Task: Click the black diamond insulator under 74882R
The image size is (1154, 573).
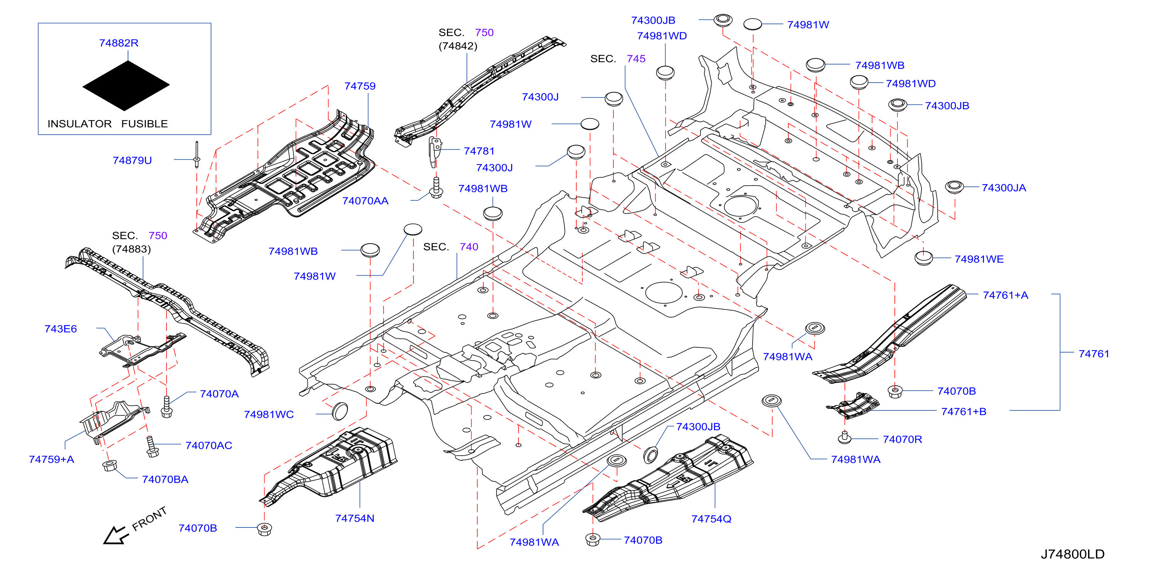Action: point(126,85)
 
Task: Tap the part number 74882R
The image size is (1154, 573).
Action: point(119,43)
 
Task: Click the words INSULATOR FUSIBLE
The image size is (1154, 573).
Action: point(108,124)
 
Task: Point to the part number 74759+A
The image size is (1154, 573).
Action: point(52,459)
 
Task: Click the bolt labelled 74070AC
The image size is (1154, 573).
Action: point(152,447)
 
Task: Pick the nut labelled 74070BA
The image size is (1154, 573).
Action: point(109,465)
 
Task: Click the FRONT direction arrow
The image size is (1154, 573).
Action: point(115,535)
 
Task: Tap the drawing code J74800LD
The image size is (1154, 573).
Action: point(1073,554)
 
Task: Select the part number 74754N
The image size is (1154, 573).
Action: point(354,518)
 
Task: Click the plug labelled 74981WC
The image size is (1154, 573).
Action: point(340,411)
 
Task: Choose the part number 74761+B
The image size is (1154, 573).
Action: point(963,412)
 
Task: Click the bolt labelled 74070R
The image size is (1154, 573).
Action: point(844,437)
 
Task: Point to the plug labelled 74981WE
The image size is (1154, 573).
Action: point(923,258)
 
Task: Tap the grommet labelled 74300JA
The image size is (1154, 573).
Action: point(954,187)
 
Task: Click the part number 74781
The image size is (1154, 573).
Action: point(479,151)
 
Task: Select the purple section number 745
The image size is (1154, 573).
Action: point(636,59)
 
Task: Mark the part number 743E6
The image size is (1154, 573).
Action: point(61,329)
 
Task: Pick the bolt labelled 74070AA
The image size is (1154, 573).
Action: point(436,187)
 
